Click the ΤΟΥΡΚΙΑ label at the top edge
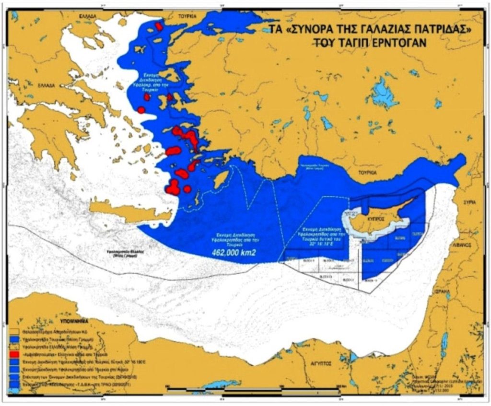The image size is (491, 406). click(x=188, y=16)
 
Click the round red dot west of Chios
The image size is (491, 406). click(x=141, y=110)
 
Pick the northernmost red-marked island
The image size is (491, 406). click(x=159, y=27)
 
